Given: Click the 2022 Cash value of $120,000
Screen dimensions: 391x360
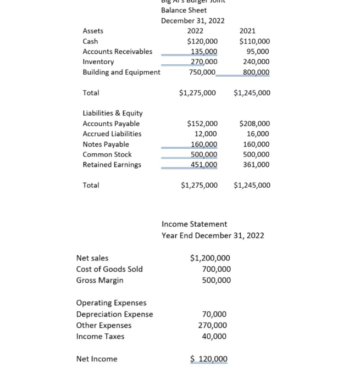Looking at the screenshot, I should (202, 41).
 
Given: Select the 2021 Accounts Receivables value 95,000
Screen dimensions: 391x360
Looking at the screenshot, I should (257, 52).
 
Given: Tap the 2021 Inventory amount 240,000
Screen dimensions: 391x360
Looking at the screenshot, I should (257, 62).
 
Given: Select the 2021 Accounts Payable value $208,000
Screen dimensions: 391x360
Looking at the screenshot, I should (254, 124).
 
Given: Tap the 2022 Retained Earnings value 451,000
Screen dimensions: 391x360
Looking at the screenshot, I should (203, 165).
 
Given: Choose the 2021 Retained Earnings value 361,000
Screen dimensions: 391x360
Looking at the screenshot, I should (257, 165).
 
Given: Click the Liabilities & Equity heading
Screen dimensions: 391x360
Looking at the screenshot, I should (113, 113).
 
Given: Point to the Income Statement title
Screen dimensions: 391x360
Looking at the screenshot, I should (194, 224).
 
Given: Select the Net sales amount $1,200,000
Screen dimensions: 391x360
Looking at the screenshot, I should (210, 258).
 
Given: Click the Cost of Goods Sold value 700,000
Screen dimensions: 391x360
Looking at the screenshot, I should (217, 269).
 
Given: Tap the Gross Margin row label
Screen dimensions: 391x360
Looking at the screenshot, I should (99, 281).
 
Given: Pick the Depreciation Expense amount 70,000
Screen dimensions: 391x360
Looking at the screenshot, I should (214, 315).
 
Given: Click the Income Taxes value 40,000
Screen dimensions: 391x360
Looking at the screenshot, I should (214, 337).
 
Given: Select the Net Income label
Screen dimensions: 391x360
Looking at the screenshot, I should (97, 359).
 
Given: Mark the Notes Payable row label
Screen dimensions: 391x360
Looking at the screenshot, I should (106, 144).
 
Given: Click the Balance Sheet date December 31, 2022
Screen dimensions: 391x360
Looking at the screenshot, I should (192, 20).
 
